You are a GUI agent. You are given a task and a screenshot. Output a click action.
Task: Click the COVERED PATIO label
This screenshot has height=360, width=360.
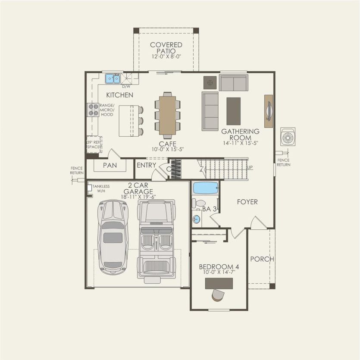point(166,48)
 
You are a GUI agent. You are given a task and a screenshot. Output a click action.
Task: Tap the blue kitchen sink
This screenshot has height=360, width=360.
point(113,78)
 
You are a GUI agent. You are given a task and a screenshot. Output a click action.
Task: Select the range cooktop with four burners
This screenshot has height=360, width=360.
point(93,110)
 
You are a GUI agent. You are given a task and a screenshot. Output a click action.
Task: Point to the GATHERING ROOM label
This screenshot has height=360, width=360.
point(241,134)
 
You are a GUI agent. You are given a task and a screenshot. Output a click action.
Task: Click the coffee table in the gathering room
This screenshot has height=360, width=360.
point(233,111)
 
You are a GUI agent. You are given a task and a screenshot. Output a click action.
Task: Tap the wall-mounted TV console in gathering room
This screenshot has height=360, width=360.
point(269,111)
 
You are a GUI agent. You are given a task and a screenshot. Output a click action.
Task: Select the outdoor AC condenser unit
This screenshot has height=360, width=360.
point(288,137)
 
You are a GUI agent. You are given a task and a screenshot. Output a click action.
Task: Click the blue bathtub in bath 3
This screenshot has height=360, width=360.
point(205,188)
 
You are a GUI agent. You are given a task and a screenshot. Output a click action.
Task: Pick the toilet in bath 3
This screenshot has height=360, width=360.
point(199,203)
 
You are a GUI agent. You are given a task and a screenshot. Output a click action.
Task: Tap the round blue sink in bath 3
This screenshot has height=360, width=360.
point(197,219)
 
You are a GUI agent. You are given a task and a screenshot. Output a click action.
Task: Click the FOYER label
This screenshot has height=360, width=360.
point(247,202)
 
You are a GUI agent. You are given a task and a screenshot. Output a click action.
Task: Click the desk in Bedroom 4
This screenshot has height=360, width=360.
point(219,283)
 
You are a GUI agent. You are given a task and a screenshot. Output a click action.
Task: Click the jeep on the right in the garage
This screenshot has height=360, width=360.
point(156,239)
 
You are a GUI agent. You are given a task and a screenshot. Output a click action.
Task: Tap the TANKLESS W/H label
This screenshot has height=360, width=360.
point(101,188)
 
